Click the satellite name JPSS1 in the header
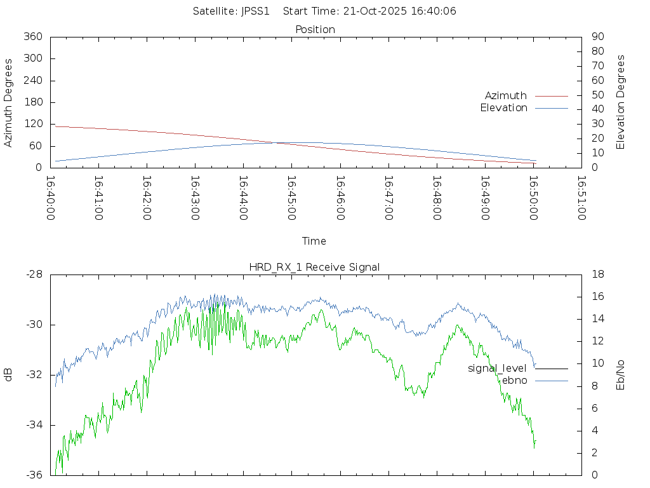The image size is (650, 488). pos(255,11)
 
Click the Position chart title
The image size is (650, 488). pos(315,30)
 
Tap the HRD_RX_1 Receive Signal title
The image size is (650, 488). pos(314,268)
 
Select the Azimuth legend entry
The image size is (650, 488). pos(506,96)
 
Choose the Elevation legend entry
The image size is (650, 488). pos(503,108)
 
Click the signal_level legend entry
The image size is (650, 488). pos(497,369)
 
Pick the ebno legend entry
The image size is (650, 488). pos(514,381)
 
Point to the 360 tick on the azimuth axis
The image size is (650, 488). pos(32,37)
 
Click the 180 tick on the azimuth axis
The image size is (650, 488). pos(32,102)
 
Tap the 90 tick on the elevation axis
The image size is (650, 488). pos(597,37)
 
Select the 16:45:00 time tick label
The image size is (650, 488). pos(291,198)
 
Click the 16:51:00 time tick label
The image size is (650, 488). pos(581,198)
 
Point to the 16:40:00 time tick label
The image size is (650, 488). pos(50,198)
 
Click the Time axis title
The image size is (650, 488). pos(314,241)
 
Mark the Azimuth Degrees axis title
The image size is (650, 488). pos(9,102)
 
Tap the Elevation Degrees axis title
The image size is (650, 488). pos(621,102)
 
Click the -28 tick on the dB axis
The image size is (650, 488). pos(35,274)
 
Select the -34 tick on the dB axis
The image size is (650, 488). pos(35,425)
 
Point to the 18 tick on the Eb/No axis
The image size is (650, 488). pos(597,274)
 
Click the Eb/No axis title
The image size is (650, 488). pos(621,375)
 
